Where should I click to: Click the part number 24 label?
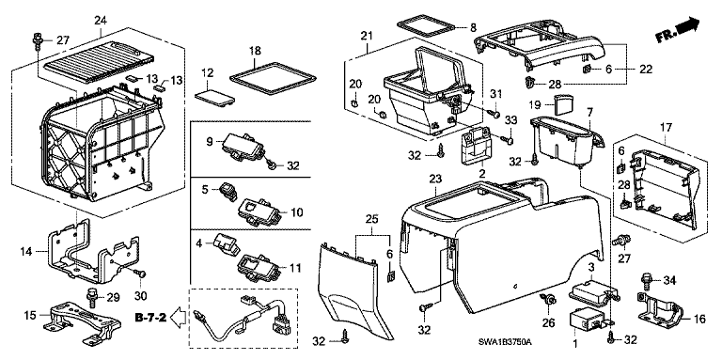click(101, 21)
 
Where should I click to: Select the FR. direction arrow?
click(678, 29)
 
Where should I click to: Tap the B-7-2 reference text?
click(150, 317)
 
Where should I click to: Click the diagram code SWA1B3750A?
click(504, 342)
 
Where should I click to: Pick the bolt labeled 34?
click(646, 279)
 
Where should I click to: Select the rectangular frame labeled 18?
click(274, 79)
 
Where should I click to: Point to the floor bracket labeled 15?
click(83, 321)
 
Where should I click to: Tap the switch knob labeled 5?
click(228, 191)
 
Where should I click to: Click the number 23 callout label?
click(435, 179)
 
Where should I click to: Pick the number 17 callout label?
click(667, 127)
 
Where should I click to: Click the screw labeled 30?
click(141, 274)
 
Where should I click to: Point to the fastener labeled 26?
click(548, 300)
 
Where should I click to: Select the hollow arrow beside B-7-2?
click(180, 317)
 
